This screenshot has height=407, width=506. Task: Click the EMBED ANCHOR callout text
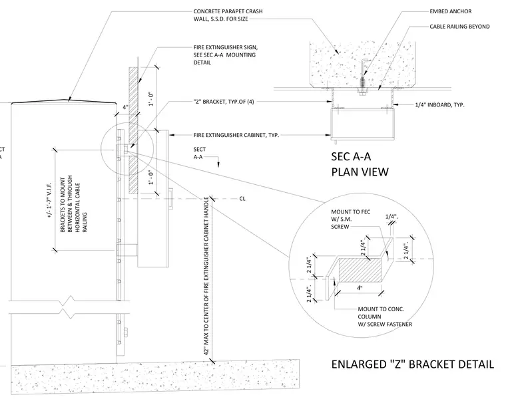coord(450,11)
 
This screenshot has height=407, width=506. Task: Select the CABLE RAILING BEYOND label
coord(459,27)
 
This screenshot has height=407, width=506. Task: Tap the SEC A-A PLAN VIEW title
coord(360,164)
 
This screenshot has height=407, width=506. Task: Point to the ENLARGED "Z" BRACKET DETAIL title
coord(412,364)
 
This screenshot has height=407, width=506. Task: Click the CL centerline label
coord(242,199)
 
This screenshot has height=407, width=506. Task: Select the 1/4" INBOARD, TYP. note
coord(440,104)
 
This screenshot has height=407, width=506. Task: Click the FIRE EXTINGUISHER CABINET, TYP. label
coord(236,136)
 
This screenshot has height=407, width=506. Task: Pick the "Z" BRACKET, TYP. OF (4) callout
coord(224,102)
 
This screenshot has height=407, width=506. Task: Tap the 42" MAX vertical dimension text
coord(206,276)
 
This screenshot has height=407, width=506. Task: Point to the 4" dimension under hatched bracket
coord(360,288)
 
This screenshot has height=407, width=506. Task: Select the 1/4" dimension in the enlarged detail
coord(391,217)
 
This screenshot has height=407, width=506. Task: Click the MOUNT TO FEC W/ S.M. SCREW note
coord(351,219)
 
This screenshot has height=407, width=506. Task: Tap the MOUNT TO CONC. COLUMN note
coord(385,317)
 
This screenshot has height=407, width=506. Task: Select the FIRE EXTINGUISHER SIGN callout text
coord(226,55)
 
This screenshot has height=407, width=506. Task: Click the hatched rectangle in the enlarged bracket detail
coord(360,270)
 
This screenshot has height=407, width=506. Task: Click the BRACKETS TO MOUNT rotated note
coord(74,204)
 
